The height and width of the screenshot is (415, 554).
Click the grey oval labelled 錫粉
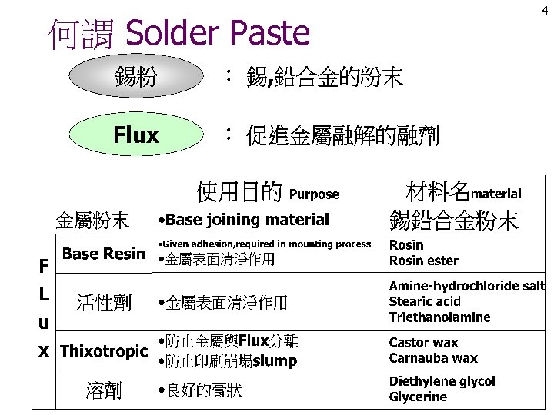[136, 76]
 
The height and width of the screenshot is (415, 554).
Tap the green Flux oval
[136, 136]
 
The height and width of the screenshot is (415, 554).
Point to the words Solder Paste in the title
[217, 33]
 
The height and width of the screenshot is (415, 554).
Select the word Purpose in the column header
[314, 194]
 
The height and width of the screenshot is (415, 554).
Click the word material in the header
[496, 194]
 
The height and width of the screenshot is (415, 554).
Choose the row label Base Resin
[104, 253]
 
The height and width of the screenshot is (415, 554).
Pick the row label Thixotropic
[104, 351]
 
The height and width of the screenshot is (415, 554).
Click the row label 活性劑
[104, 303]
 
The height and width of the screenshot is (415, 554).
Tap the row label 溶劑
[104, 390]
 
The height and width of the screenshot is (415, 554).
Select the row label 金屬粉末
[92, 221]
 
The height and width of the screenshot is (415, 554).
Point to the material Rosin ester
[423, 261]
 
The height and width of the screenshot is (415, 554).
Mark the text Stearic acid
[425, 302]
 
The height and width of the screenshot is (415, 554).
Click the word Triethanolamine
[439, 317]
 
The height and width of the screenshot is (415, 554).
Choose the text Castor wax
[423, 343]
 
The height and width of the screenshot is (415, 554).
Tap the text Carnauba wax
[433, 358]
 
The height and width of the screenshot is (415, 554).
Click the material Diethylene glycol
[442, 381]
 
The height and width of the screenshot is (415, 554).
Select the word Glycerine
[418, 397]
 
